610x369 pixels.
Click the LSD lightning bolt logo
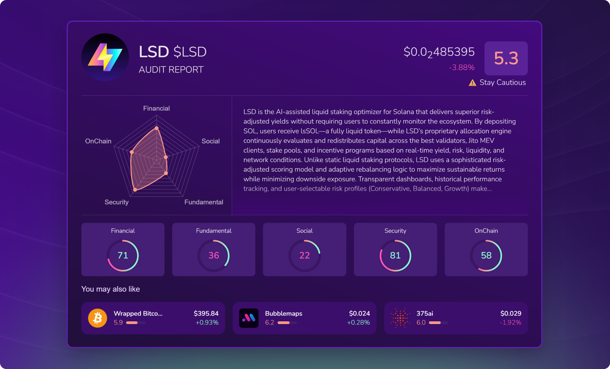point(105,57)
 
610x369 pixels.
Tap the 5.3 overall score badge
point(506,58)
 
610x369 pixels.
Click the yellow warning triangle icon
point(472,83)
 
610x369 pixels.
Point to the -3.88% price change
point(461,67)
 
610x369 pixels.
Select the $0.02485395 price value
point(439,52)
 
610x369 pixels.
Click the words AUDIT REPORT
point(171,70)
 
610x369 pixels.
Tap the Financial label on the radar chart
point(156,108)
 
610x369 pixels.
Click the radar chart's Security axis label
point(117,202)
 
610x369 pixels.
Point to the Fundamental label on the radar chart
point(204,202)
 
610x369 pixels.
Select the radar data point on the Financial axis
point(156,128)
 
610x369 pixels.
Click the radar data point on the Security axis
point(135,190)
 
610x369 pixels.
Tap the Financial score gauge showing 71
point(123,255)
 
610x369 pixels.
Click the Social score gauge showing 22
point(304,255)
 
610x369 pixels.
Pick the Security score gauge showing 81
point(395,255)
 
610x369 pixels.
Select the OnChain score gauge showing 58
point(486,255)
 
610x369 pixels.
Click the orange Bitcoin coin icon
point(98,318)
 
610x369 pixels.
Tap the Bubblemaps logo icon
point(249,318)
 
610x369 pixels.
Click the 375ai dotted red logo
point(400,318)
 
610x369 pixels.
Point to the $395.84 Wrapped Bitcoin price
point(206,314)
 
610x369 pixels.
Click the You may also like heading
point(111,289)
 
